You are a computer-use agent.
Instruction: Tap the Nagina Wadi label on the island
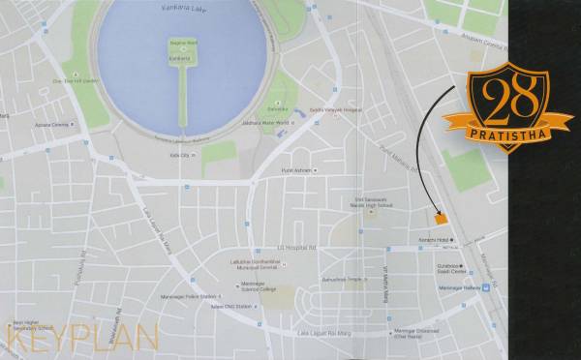click(183, 45)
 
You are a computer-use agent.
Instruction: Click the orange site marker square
click(441, 219)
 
